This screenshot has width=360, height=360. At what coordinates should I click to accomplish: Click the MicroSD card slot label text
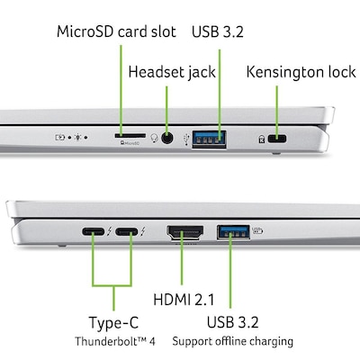coord(117,32)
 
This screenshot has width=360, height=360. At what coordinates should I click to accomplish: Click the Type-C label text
coord(112,322)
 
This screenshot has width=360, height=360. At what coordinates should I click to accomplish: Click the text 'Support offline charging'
coord(233,341)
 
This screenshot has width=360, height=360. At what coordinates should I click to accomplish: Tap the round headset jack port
coord(166,139)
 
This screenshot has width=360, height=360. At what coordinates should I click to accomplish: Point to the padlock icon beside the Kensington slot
coord(261,139)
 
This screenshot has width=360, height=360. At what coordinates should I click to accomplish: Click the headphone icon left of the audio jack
coord(154,139)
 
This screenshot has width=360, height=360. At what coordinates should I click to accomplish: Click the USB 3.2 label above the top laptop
coord(217,32)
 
